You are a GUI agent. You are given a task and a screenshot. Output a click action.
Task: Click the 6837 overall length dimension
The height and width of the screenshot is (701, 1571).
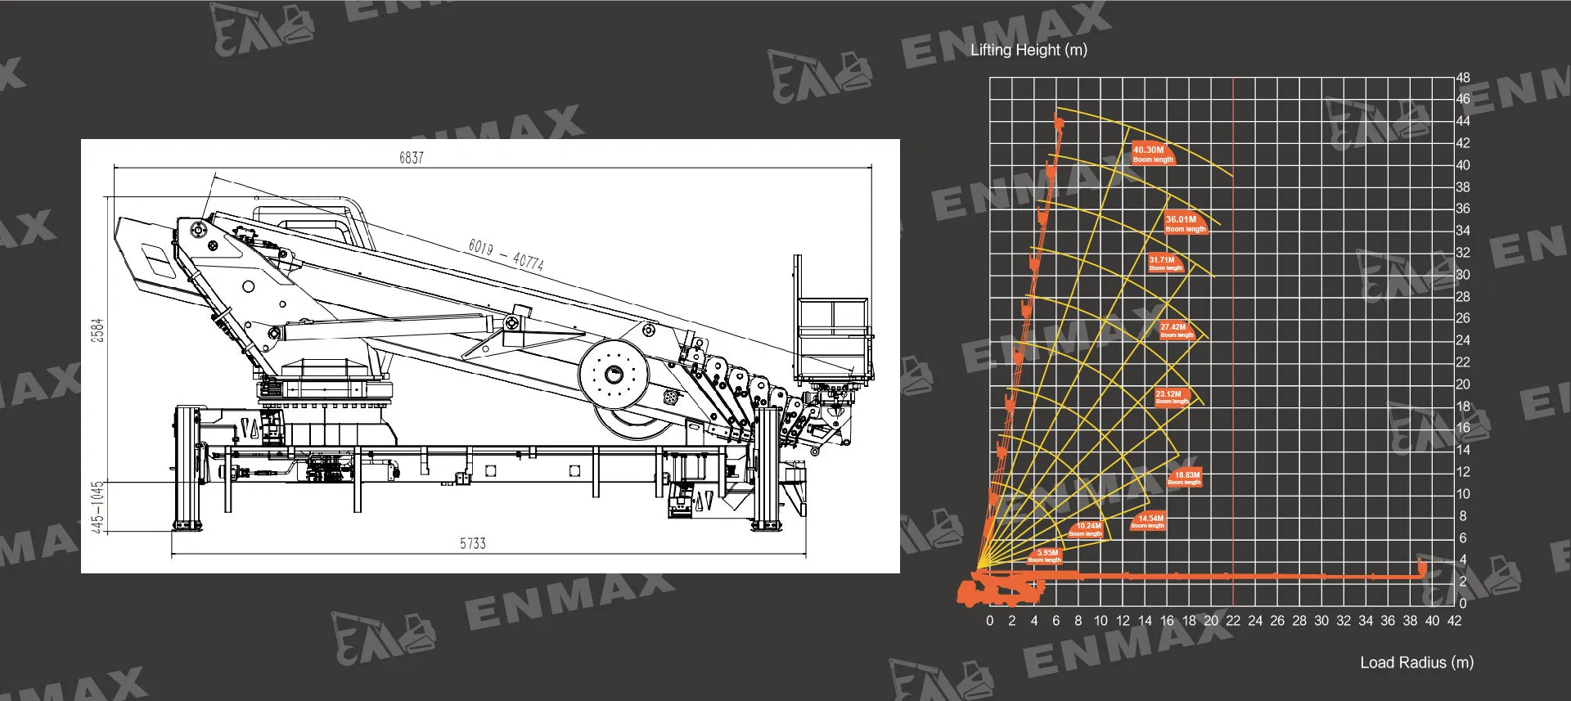[x=412, y=158]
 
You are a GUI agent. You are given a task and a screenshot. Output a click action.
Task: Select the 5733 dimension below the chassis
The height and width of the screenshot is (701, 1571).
[x=472, y=544]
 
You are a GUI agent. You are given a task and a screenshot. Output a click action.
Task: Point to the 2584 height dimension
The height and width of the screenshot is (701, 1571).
[x=97, y=330]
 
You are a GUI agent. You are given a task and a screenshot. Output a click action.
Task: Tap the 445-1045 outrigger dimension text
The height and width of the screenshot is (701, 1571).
[x=97, y=507]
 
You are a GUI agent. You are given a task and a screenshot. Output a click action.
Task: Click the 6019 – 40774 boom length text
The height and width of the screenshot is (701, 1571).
[x=506, y=254]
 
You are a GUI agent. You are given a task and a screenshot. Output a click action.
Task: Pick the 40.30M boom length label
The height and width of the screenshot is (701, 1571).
[x=1153, y=154]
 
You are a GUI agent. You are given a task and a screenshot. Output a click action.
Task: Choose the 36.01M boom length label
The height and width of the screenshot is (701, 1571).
[x=1185, y=223]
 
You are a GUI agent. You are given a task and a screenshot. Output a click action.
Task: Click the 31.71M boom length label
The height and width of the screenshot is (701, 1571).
[x=1165, y=263]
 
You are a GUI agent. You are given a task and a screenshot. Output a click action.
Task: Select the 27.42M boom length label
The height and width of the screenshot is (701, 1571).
[x=1177, y=330]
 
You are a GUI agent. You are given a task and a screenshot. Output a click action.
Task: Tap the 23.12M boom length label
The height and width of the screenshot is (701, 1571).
[x=1172, y=398]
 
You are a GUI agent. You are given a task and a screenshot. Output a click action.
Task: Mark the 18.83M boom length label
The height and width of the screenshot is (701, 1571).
[x=1185, y=478]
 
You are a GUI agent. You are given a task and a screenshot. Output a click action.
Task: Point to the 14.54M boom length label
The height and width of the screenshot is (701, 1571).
[x=1148, y=521]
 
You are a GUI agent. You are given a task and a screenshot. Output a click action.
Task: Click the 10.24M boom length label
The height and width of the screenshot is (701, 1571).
[x=1086, y=529]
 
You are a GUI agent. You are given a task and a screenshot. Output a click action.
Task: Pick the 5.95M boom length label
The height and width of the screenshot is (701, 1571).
[x=1045, y=555]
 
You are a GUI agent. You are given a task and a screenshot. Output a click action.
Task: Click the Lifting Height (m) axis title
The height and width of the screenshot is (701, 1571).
[x=1029, y=50]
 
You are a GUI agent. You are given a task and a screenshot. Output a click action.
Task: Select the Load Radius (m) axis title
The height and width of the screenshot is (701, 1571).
[x=1416, y=663]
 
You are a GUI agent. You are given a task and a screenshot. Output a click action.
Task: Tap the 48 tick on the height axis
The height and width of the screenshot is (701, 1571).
[x=1463, y=78]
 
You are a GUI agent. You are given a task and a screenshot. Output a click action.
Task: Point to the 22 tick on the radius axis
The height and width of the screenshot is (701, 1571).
[x=1233, y=621]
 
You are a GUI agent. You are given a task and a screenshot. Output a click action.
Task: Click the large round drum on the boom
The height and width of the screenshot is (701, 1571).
[x=614, y=375]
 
